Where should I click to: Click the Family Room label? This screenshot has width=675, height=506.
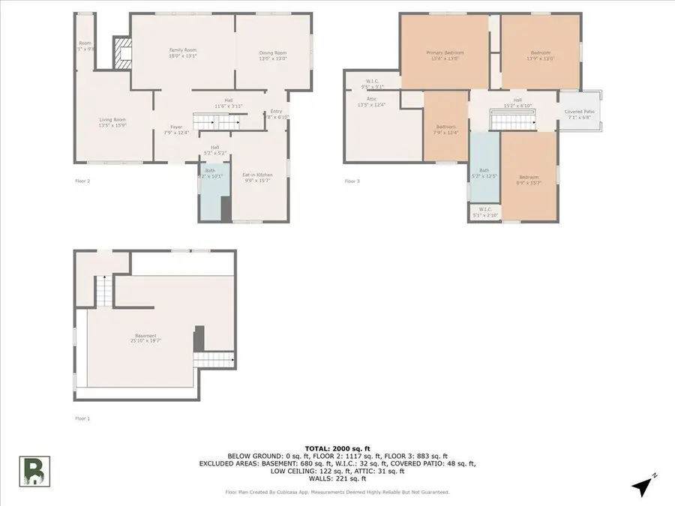tap(183, 52)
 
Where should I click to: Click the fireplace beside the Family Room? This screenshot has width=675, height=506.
tap(121, 52)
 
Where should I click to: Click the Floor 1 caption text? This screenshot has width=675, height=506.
tap(82, 418)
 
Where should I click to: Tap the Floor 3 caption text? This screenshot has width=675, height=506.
tap(352, 181)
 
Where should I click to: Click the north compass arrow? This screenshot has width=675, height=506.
tap(641, 487)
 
